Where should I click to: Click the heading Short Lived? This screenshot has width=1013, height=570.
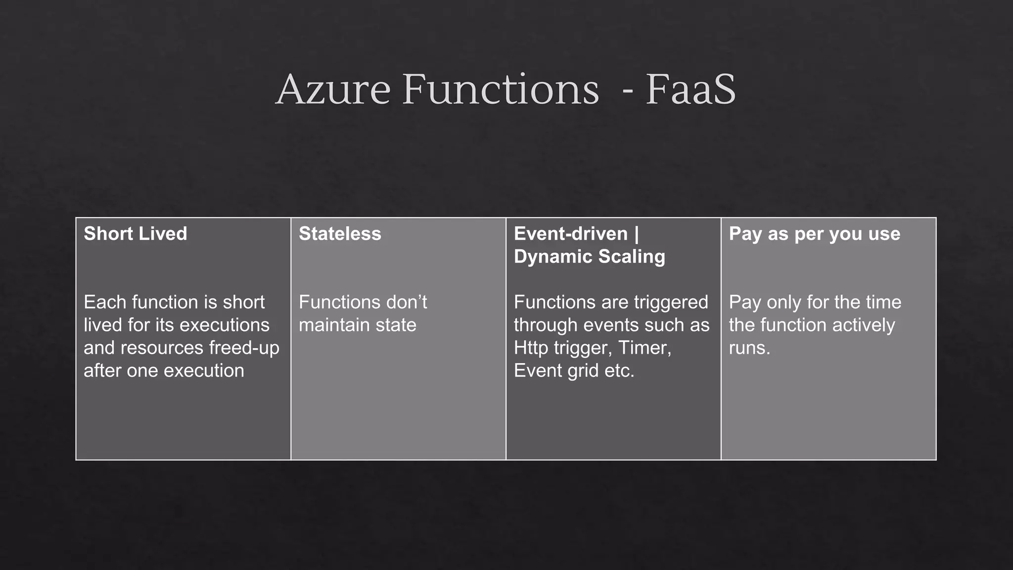click(136, 234)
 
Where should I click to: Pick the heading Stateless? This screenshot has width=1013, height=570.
click(340, 234)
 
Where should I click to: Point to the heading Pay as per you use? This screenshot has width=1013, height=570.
click(814, 234)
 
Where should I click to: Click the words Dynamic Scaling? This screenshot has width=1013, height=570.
click(589, 256)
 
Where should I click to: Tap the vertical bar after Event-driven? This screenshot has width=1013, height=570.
click(636, 234)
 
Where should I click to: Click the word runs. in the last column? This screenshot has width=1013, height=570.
click(749, 348)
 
